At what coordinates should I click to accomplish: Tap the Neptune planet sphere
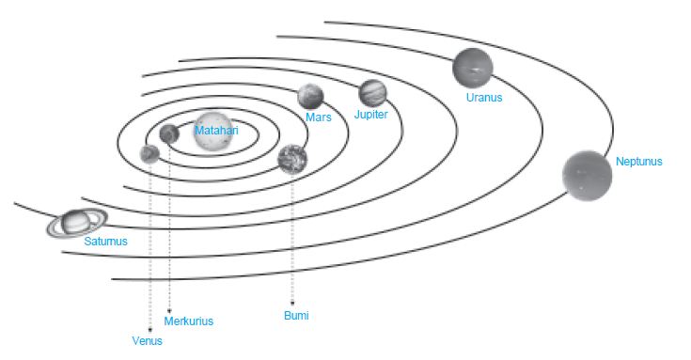click(588, 176)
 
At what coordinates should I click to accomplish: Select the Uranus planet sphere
click(472, 68)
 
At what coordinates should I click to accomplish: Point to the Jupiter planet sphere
click(373, 93)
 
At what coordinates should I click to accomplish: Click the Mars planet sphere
click(311, 97)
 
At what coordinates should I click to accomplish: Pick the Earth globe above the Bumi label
click(293, 160)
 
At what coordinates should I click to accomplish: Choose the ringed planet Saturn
click(75, 223)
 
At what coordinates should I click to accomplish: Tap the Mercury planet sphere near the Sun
click(169, 134)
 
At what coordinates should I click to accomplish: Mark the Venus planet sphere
click(149, 154)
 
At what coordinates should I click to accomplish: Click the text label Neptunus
click(639, 162)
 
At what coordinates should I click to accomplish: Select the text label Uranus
click(484, 97)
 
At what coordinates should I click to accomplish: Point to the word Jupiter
click(371, 114)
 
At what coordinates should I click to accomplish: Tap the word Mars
click(319, 117)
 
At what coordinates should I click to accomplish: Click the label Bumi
click(296, 316)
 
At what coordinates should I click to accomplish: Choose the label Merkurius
click(189, 321)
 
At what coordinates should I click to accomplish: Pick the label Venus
click(147, 341)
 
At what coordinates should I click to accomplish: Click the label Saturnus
click(105, 242)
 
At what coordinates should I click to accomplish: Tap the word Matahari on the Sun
click(216, 131)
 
